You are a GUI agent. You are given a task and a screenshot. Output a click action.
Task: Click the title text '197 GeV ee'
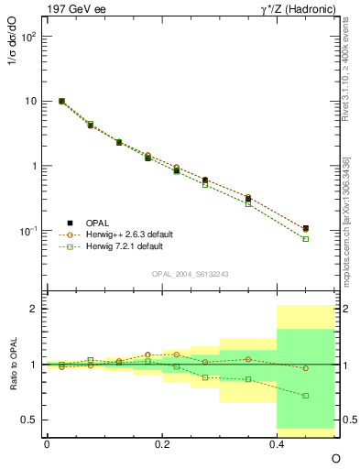click(x=73, y=9)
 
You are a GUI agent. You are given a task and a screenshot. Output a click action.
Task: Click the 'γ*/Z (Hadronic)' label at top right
click(x=296, y=9)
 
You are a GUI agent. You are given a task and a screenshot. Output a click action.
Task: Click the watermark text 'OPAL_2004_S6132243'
click(x=190, y=274)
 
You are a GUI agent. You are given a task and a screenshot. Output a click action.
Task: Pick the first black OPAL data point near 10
click(x=61, y=101)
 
